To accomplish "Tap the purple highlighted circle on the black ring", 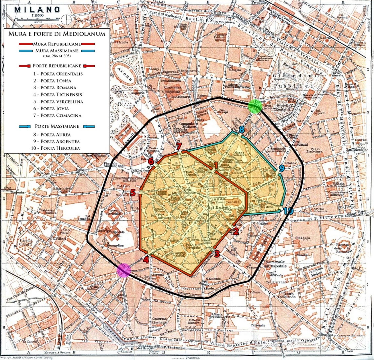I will tap(124, 270).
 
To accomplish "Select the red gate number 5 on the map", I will tap(133, 193).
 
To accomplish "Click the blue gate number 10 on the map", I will tap(288, 211).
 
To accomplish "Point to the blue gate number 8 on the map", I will tap(241, 129).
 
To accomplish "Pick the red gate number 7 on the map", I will tap(179, 146).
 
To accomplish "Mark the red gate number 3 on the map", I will tap(217, 254).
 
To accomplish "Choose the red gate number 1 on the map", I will tap(216, 164).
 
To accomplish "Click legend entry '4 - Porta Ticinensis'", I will tap(57, 95).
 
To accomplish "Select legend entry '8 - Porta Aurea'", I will tap(52, 135).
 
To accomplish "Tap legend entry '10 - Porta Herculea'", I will tap(56, 148).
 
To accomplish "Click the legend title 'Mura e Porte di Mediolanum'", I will tap(57, 33).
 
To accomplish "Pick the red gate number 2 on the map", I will tap(235, 231).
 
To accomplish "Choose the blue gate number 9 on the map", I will tap(281, 169).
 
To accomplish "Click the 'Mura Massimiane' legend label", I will tap(55, 51).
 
